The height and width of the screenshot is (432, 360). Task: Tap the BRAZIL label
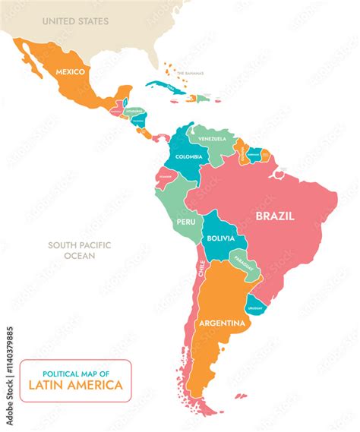coord(275,216)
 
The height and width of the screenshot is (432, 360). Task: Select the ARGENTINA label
coord(223,323)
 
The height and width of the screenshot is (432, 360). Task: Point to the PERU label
coord(186,222)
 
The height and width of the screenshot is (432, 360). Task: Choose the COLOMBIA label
coord(188,156)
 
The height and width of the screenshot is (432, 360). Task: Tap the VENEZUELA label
coord(212,139)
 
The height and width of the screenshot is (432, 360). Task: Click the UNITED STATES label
coord(75,21)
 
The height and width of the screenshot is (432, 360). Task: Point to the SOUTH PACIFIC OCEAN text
coord(79,251)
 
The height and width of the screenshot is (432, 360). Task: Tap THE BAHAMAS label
coord(190,73)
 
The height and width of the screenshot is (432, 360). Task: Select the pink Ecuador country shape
coord(165,177)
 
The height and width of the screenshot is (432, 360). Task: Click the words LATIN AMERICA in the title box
coord(75,385)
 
